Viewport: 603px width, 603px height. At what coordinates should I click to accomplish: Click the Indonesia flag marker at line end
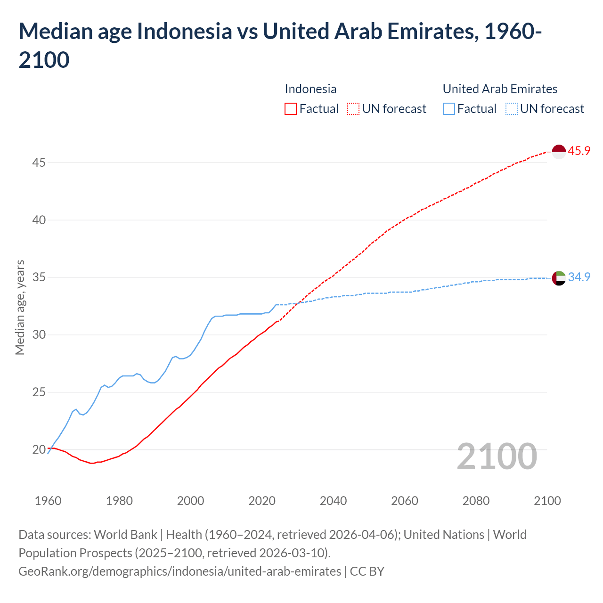pyautogui.click(x=558, y=152)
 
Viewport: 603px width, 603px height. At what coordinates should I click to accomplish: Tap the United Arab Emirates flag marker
pyautogui.click(x=558, y=278)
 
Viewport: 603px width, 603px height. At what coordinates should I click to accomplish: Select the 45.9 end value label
pyautogui.click(x=579, y=151)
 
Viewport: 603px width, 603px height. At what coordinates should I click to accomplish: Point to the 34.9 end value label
pyautogui.click(x=579, y=277)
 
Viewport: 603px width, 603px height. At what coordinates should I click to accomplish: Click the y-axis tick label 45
pyautogui.click(x=39, y=163)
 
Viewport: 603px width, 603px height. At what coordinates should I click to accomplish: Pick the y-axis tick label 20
pyautogui.click(x=39, y=449)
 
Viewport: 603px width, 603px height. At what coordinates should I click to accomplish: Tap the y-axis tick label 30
pyautogui.click(x=39, y=334)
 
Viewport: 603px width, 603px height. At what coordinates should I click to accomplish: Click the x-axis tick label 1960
pyautogui.click(x=48, y=500)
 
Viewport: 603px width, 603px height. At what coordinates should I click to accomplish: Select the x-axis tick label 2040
pyautogui.click(x=333, y=500)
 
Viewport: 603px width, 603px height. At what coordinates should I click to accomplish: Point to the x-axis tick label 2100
pyautogui.click(x=547, y=500)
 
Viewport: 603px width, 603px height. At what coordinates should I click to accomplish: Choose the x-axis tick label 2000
pyautogui.click(x=190, y=500)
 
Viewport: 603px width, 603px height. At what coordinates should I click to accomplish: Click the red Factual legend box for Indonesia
pyautogui.click(x=291, y=109)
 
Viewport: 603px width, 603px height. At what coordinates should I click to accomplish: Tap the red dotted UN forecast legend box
pyautogui.click(x=353, y=109)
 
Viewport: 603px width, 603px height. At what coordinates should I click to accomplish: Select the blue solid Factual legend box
pyautogui.click(x=449, y=109)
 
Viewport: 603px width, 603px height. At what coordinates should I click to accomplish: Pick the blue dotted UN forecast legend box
pyautogui.click(x=512, y=109)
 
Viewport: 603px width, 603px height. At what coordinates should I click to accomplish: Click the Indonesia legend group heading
pyautogui.click(x=310, y=89)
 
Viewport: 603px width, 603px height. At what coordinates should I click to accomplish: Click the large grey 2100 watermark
pyautogui.click(x=497, y=456)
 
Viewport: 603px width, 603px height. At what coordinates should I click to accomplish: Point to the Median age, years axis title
pyautogui.click(x=20, y=307)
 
